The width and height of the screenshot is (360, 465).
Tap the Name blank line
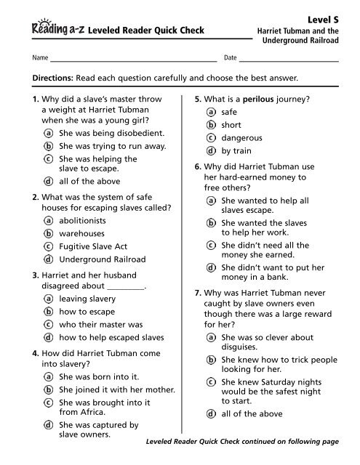coord(134,57)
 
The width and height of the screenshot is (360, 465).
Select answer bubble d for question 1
coord(48,181)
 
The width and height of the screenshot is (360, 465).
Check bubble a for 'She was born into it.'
coord(48,377)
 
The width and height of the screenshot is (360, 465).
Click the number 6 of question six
coord(188,166)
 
